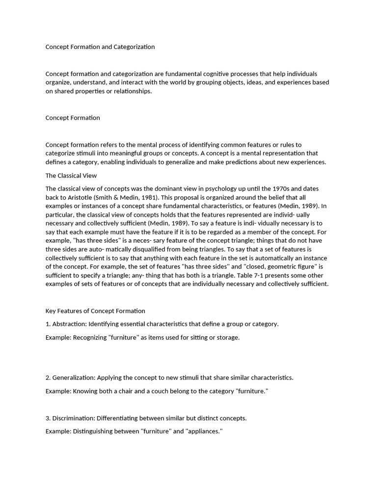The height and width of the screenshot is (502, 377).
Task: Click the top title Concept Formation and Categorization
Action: click(100, 47)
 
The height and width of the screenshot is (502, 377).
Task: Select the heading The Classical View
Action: click(71, 176)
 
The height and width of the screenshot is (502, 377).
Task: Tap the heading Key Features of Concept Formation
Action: click(95, 311)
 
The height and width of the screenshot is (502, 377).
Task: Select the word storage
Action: click(227, 337)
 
